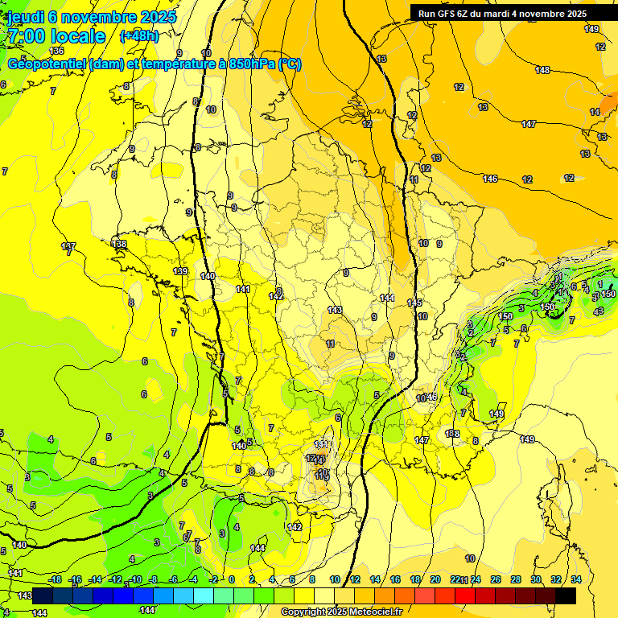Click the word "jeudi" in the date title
[x=26, y=17]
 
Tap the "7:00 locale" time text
[x=56, y=36]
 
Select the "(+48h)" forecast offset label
[x=139, y=36]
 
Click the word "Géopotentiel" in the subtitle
[x=47, y=64]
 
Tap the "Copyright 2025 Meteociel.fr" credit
[x=341, y=612]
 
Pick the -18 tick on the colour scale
[x=55, y=579]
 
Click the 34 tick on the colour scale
[x=576, y=579]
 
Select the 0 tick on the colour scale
[x=231, y=579]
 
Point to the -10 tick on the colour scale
[x=134, y=579]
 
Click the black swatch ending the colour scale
[x=566, y=595]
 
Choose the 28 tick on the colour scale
[x=516, y=579]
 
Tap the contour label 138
[x=120, y=244]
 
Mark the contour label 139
[x=181, y=272]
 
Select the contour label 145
[x=414, y=303]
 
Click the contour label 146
[x=490, y=179]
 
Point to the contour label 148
[x=542, y=71]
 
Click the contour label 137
[x=68, y=245]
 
